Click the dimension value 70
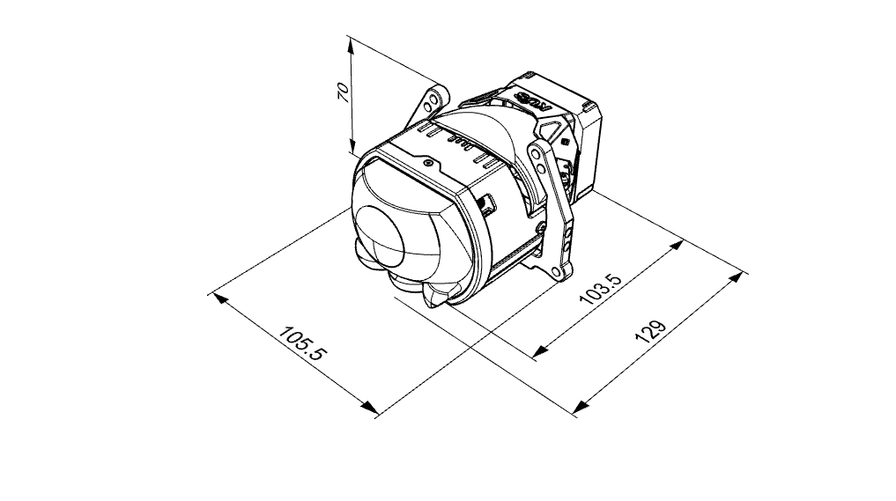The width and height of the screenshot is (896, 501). tap(344, 92)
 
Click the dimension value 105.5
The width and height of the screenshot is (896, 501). tap(302, 343)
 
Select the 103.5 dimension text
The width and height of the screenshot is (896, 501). tap(599, 289)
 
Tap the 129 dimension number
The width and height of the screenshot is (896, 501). tap(650, 331)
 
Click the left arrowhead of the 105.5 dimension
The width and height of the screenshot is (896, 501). tap(220, 298)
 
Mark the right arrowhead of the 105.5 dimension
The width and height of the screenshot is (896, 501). tap(369, 407)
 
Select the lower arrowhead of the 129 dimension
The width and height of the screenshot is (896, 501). tap(581, 406)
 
